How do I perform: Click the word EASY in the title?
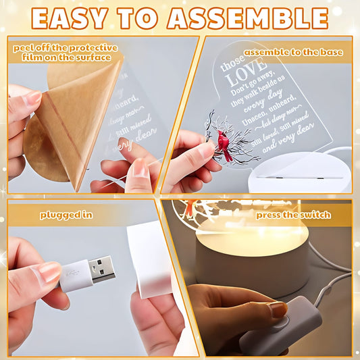[72, 18]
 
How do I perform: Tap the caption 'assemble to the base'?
[293, 52]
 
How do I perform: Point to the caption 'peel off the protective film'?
[64, 52]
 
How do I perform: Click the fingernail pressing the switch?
[278, 309]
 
